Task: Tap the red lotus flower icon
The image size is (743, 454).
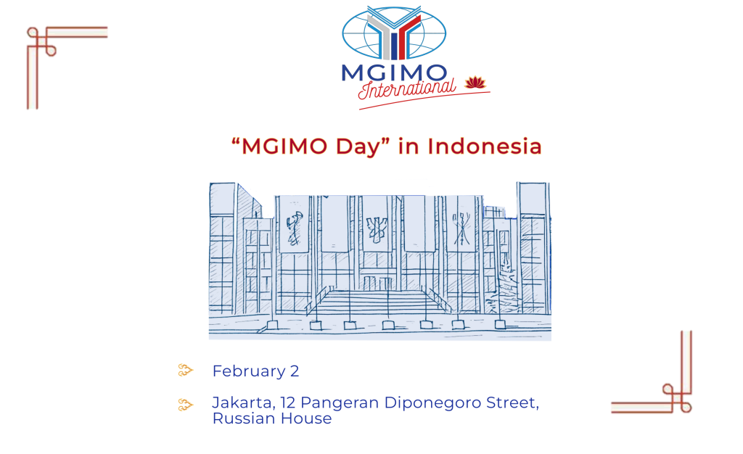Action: click(474, 83)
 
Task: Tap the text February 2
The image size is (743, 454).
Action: click(255, 371)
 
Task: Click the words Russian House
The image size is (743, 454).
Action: click(271, 418)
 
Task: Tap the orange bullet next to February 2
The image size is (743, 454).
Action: click(186, 371)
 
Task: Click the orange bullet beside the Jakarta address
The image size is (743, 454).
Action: click(186, 403)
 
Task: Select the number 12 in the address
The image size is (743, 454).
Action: click(286, 403)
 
